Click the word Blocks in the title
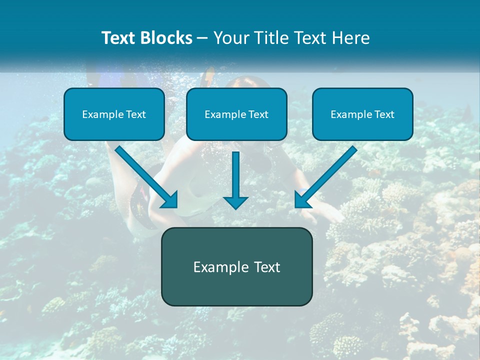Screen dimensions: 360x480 click(166, 38)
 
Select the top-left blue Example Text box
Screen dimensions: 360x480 click(114, 114)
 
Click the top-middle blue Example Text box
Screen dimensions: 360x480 click(236, 114)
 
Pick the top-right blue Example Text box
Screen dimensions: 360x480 click(362, 114)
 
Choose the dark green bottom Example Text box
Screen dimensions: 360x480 click(236, 266)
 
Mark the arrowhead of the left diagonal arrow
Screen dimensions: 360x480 click(170, 200)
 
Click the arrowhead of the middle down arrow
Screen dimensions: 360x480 click(235, 202)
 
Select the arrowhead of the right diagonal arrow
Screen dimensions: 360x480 click(302, 200)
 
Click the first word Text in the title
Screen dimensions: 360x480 click(119, 38)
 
